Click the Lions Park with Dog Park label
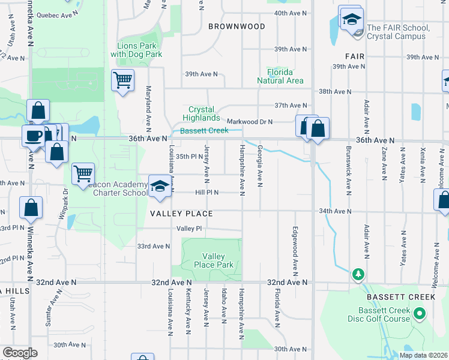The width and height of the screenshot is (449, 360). point(136,50)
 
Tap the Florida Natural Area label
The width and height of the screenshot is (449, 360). point(280,76)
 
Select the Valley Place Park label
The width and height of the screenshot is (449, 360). point(213,260)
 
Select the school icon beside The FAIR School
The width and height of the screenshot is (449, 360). point(351,19)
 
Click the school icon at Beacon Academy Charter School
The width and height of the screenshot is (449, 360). point(159,186)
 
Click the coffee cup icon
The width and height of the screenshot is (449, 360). point(33,135)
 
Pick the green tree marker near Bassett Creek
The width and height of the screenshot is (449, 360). point(358,274)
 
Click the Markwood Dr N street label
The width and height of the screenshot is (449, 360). point(254,122)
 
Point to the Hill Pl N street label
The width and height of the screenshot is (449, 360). point(206,193)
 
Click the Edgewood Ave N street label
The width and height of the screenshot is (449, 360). point(295,248)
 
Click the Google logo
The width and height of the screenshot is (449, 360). point(20,352)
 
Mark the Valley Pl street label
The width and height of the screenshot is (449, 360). point(189,229)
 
